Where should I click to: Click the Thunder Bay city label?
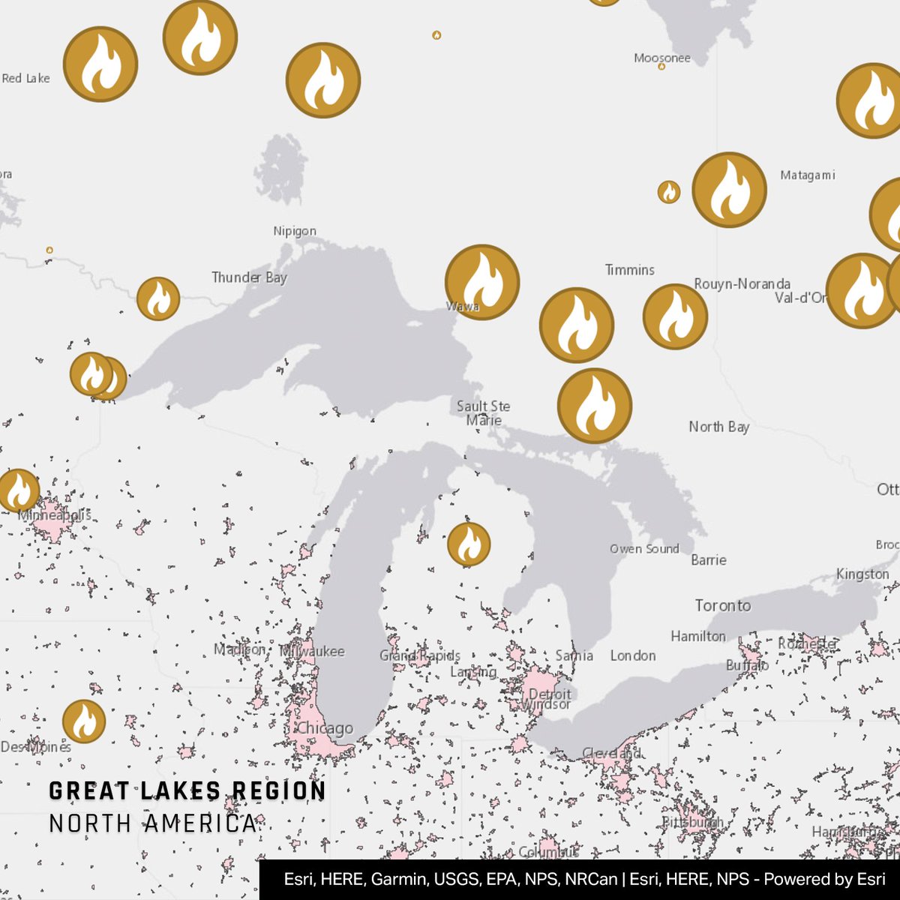click(249, 277)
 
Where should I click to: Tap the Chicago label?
click(325, 728)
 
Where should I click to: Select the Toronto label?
click(722, 605)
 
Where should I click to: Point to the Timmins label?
click(630, 270)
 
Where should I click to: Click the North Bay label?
click(718, 427)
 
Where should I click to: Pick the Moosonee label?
click(661, 58)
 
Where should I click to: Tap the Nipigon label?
click(295, 231)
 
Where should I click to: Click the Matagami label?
click(807, 175)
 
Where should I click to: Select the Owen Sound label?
click(644, 549)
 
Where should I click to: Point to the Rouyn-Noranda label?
click(742, 284)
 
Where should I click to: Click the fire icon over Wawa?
click(482, 282)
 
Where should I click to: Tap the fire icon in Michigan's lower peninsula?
click(469, 544)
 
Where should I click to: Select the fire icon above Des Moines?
click(84, 721)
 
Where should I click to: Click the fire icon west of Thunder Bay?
click(158, 298)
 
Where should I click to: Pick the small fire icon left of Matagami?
click(668, 192)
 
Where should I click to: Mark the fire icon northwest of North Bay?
click(595, 405)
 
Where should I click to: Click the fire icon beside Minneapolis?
click(18, 490)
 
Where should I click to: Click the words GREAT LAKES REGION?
click(187, 791)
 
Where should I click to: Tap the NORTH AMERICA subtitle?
click(152, 823)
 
